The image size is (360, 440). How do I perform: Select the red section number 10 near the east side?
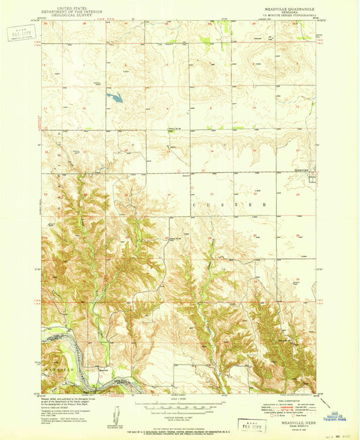coord(253,107)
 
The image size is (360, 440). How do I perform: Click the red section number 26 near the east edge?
coord(297,236)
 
